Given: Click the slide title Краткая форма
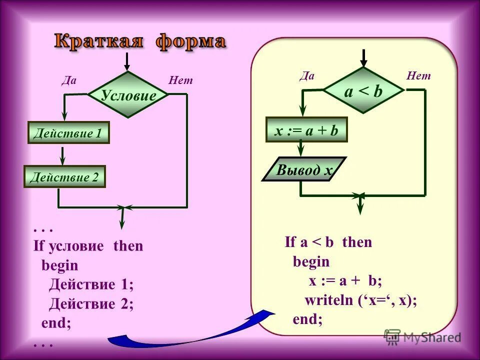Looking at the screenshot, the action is tap(140, 42).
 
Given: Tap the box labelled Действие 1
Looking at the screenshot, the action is tap(68, 133).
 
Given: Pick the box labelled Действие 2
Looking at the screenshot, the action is tap(65, 176).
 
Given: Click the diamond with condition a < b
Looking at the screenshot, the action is tap(363, 91).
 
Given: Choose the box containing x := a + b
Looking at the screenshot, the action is tap(306, 130).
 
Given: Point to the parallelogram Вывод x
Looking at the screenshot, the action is tap(304, 169).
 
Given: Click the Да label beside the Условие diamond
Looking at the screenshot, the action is tap(68, 80).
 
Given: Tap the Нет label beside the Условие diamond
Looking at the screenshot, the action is tap(180, 80).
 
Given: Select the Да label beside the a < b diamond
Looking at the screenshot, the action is tap(307, 75).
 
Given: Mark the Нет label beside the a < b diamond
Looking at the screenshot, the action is tap(418, 75).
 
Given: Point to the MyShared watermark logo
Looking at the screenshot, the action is tap(423, 337).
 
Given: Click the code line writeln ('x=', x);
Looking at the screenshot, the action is tap(361, 300).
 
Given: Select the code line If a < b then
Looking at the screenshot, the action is tap(328, 242).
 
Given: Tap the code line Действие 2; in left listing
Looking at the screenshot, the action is tap(91, 304).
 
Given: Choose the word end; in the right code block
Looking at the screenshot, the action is tap(307, 319).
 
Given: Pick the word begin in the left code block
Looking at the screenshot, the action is tap(59, 265).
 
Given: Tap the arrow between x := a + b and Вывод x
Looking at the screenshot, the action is tap(300, 149).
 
